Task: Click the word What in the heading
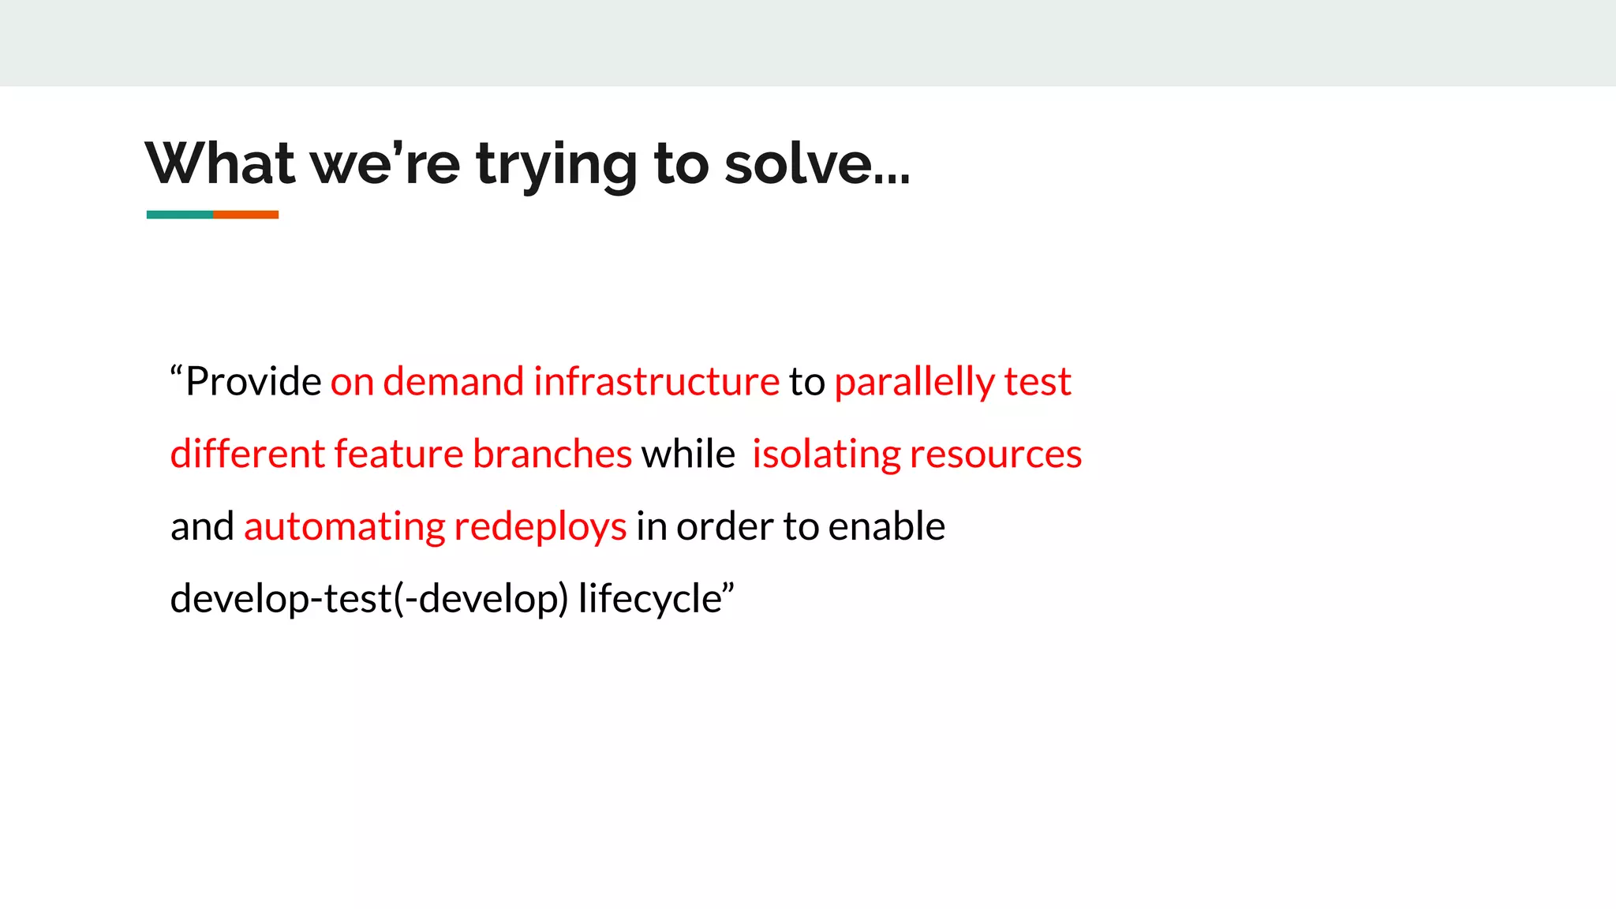pyautogui.click(x=220, y=163)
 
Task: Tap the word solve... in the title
pyautogui.click(x=817, y=163)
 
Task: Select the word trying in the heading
pyautogui.click(x=555, y=165)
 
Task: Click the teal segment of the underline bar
pyautogui.click(x=179, y=215)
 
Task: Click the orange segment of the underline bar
pyautogui.click(x=245, y=215)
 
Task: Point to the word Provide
pyautogui.click(x=252, y=382)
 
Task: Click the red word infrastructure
pyautogui.click(x=656, y=382)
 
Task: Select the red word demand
pyautogui.click(x=453, y=382)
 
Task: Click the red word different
pyautogui.click(x=247, y=454)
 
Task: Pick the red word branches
pyautogui.click(x=552, y=454)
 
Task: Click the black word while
pyautogui.click(x=688, y=454)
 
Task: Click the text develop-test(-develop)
pyautogui.click(x=368, y=599)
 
